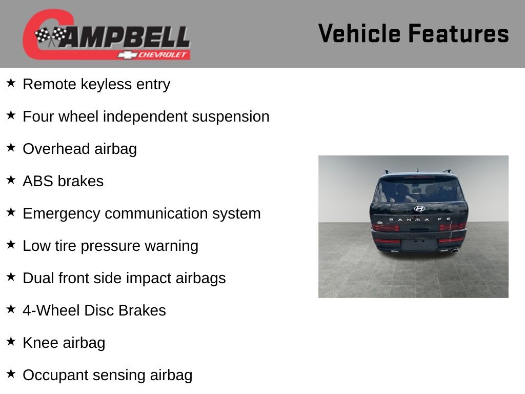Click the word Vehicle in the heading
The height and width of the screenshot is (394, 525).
359,33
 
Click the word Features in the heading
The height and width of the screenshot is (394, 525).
459,33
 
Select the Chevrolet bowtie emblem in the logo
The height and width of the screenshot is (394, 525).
127,55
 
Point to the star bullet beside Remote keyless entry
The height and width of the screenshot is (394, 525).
11,83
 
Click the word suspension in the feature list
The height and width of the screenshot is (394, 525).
230,117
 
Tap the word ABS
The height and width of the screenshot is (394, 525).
37,181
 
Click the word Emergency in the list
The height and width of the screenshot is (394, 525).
62,214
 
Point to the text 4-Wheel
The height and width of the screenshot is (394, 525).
51,310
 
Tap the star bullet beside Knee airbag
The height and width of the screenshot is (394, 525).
11,341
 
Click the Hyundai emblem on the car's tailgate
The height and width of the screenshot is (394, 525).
419,209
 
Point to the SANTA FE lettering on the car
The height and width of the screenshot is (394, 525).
420,220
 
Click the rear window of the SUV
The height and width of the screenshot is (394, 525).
419,190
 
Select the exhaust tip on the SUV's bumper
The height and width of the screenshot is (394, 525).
454,249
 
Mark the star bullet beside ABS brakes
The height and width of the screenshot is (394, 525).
11,180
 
